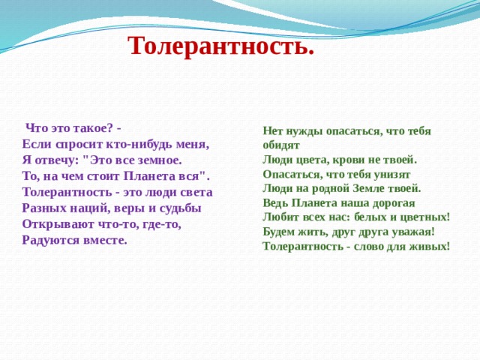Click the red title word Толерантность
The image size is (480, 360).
[220, 46]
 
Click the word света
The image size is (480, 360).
[196, 192]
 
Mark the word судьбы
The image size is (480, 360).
[180, 208]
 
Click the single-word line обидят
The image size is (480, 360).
[281, 145]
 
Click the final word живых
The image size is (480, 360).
[427, 246]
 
